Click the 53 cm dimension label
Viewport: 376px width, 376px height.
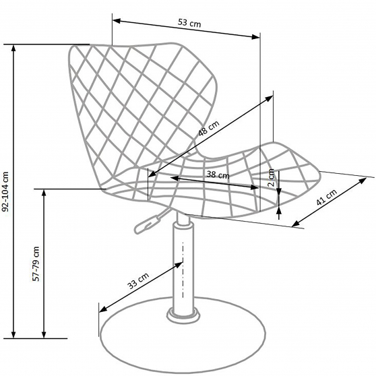pos(189,24)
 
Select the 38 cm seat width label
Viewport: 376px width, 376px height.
pos(218,175)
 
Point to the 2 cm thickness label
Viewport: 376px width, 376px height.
pos(271,178)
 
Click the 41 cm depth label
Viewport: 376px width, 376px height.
pos(327,197)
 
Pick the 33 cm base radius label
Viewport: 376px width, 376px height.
pos(138,281)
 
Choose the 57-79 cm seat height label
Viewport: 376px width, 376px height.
pos(36,263)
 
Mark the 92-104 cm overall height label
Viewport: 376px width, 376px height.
pos(5,191)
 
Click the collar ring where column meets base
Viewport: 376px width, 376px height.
pos(183,316)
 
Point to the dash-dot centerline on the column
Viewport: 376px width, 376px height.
pos(183,270)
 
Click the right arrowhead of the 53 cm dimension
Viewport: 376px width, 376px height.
pos(255,36)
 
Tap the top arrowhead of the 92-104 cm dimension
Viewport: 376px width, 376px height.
pos(13,49)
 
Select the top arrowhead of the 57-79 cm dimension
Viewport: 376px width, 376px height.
pos(44,193)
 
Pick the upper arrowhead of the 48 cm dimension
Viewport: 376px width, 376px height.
pos(269,98)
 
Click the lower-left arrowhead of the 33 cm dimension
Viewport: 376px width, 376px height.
pos(103,309)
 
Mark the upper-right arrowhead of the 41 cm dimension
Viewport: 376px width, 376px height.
pos(363,181)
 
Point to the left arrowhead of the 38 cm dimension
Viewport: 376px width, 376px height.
pos(175,178)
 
